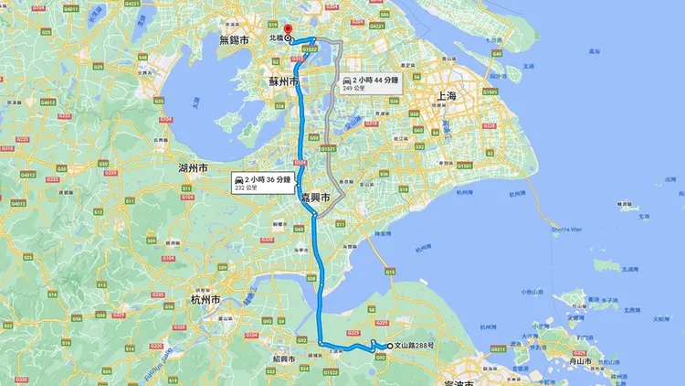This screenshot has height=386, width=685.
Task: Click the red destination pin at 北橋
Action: click(x=286, y=33)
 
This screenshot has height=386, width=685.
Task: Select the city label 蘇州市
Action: click(x=284, y=81)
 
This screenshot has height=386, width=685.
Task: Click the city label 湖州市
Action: click(x=191, y=169)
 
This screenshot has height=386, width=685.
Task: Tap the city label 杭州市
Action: click(x=205, y=299)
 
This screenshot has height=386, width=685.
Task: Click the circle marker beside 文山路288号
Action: click(x=390, y=346)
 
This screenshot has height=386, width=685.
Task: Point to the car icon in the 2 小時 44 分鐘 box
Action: click(x=347, y=81)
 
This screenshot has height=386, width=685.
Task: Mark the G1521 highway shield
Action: click(x=328, y=147)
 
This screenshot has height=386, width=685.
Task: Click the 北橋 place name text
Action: click(x=274, y=38)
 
